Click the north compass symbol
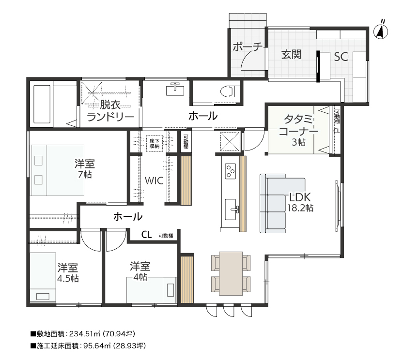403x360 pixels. pos(380,31)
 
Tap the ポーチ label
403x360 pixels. pos(248,47)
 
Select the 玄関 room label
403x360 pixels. pos(291,55)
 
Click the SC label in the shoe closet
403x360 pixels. pos(341,57)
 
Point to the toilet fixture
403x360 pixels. pos(228,91)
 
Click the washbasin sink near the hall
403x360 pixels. pos(175,90)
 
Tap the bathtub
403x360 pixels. pos(42,104)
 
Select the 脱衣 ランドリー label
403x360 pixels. pos(110,111)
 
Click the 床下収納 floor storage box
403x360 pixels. pos(155,144)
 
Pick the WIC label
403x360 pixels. pos(154,180)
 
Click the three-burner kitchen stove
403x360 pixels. pos(230,171)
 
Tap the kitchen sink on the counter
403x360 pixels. pos(231,209)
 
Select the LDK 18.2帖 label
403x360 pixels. pos(300,202)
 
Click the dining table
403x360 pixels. pos(231,273)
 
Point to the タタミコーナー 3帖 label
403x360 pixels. pos(298,131)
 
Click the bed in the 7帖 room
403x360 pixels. pos(57,170)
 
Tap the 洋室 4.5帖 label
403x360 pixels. pos(68,273)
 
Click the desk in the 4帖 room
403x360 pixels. pos(152,290)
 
